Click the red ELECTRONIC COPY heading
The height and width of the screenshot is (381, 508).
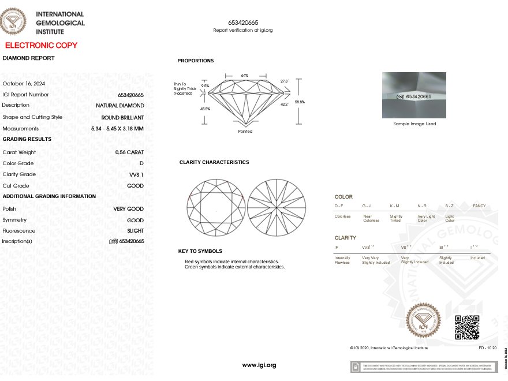tap(41, 45)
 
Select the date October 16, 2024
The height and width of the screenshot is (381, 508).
tap(24, 83)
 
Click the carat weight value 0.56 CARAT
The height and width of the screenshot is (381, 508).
tap(129, 152)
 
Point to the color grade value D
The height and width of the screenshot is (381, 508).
tap(141, 163)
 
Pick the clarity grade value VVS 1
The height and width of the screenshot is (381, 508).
tap(136, 174)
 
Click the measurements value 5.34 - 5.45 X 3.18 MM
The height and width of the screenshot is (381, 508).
tap(117, 129)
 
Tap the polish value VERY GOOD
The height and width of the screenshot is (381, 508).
tap(128, 209)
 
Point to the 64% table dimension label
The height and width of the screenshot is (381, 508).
tap(245, 76)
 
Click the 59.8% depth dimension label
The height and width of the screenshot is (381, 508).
tap(300, 102)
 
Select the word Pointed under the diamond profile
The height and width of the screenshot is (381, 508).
tap(245, 132)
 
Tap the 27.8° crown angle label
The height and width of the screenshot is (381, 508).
tap(284, 81)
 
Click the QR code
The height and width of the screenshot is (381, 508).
tap(467, 327)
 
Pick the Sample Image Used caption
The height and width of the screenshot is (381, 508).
tap(414, 124)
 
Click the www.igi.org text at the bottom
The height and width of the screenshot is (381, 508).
tap(259, 365)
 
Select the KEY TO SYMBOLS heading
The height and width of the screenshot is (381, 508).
tap(200, 251)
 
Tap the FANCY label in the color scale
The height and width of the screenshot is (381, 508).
tap(479, 206)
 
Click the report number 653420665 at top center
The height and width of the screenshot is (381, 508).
tap(243, 23)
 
